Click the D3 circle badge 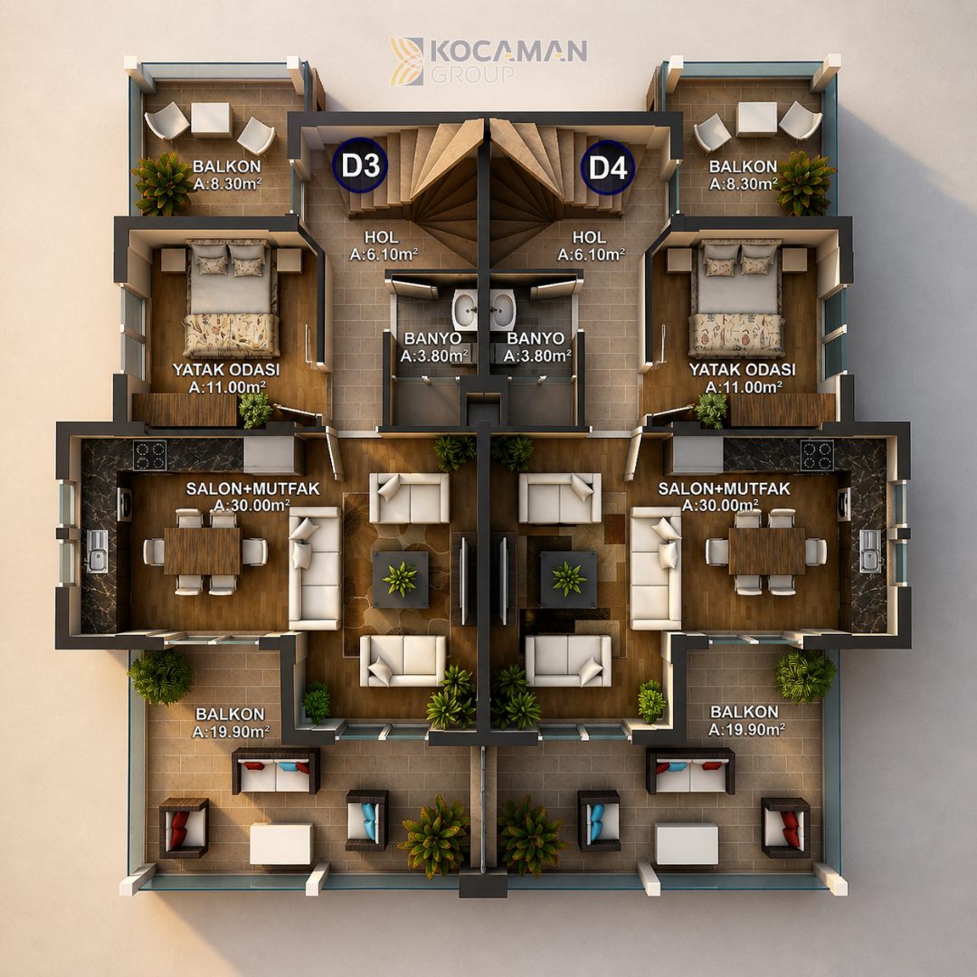point(360,166)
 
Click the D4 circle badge point(608,167)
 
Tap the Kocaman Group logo point(488,61)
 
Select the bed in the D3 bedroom point(232,299)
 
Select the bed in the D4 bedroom point(737,299)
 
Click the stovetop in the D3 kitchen point(149,455)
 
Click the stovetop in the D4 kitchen point(817,455)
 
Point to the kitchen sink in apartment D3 point(97,551)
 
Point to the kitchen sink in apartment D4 point(870,551)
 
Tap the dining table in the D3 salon point(202,551)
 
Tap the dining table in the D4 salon point(767,551)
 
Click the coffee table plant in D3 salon point(400,579)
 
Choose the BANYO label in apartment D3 point(432,338)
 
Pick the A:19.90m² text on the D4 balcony point(745,729)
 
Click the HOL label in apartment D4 point(589,237)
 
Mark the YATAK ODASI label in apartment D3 point(226,369)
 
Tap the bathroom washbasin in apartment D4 point(502,309)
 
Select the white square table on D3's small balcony point(211,119)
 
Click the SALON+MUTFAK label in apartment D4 point(724,489)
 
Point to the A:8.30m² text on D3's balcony point(227,184)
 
